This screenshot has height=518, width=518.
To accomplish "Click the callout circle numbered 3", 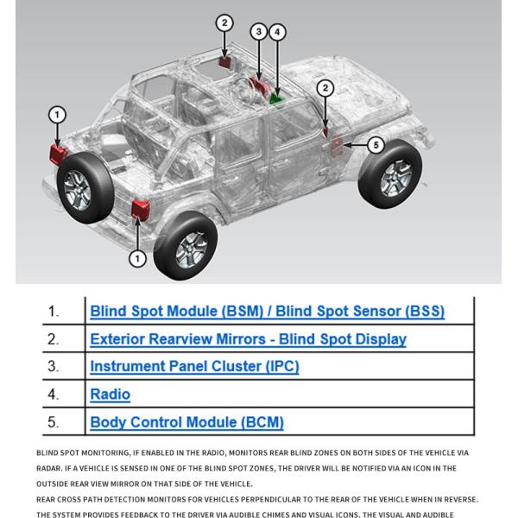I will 258,32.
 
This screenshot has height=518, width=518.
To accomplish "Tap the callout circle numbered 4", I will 277,32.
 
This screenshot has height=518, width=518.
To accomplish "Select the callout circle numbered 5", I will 376,144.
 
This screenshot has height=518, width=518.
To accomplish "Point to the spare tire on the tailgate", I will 85,184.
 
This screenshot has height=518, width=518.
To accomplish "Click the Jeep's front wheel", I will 389,174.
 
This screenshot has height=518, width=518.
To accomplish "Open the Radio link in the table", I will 110,395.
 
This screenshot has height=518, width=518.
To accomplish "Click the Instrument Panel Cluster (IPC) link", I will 194,366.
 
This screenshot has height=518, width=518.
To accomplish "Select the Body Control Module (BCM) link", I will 186,422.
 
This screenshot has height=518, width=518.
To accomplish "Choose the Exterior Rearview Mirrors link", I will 248,338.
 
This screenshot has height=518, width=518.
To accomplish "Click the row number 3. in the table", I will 54,366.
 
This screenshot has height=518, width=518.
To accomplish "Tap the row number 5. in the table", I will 54,422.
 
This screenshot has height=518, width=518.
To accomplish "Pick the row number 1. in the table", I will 54,311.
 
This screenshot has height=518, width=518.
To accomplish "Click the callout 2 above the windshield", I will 224,23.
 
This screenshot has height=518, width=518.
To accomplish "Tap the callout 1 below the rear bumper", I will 137,257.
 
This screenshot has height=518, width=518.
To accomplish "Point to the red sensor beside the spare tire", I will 58,154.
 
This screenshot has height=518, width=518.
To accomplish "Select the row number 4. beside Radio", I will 54,395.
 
